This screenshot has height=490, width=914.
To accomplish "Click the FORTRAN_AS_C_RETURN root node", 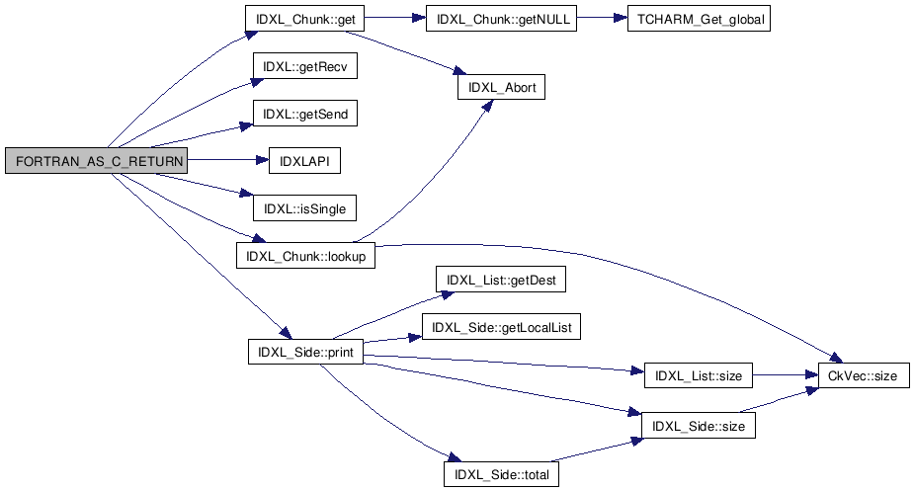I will pos(96,160).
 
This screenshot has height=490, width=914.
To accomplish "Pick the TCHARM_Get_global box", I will pos(698,20).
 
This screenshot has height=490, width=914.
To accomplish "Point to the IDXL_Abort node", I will pos(500,87).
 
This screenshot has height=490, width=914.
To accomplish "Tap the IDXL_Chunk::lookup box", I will pos(306,255).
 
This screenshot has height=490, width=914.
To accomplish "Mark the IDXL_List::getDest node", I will pos(500,280).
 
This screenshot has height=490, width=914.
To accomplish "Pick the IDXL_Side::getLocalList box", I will pos(500,327).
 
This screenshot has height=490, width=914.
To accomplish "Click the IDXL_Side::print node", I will pos(306,351).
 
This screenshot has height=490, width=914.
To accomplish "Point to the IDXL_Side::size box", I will pos(700,425).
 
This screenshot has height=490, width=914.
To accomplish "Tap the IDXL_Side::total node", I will pos(501,473).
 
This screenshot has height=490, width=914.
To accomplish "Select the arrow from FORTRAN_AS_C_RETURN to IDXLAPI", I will pos(227,160).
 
